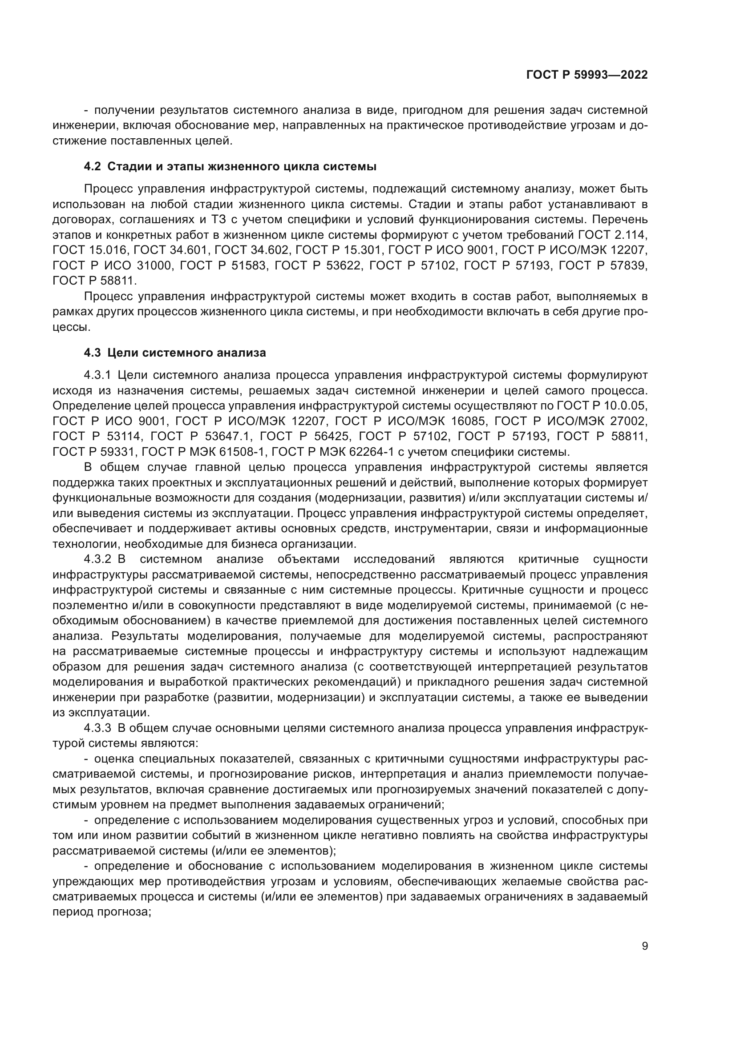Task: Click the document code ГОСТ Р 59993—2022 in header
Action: (x=587, y=75)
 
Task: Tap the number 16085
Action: (x=469, y=421)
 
